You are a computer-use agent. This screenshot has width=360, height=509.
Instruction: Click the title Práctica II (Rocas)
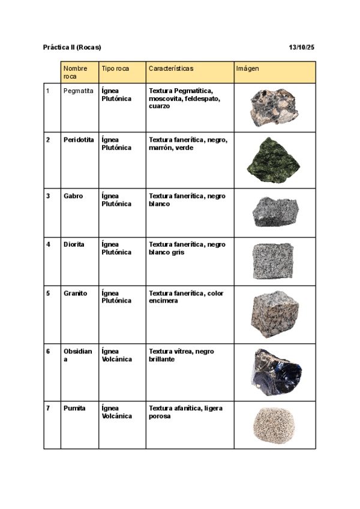click(x=72, y=47)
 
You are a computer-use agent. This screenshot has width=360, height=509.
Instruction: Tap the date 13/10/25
click(x=302, y=47)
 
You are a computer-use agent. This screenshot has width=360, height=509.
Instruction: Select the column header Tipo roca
click(x=115, y=68)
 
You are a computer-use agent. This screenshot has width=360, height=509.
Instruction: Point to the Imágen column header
click(x=247, y=68)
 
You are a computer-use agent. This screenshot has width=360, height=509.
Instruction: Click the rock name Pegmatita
click(x=78, y=91)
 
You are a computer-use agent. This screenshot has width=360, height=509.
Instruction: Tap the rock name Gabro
click(x=73, y=196)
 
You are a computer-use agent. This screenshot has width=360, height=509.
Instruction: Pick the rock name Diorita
click(x=74, y=244)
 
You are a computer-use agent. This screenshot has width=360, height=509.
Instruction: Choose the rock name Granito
click(x=75, y=294)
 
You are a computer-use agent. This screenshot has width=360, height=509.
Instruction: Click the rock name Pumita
click(x=74, y=408)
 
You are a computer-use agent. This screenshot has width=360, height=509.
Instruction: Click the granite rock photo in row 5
click(x=275, y=315)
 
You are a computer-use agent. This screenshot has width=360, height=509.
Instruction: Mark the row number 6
click(x=48, y=351)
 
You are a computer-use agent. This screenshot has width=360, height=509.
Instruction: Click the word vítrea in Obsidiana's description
click(x=183, y=351)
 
